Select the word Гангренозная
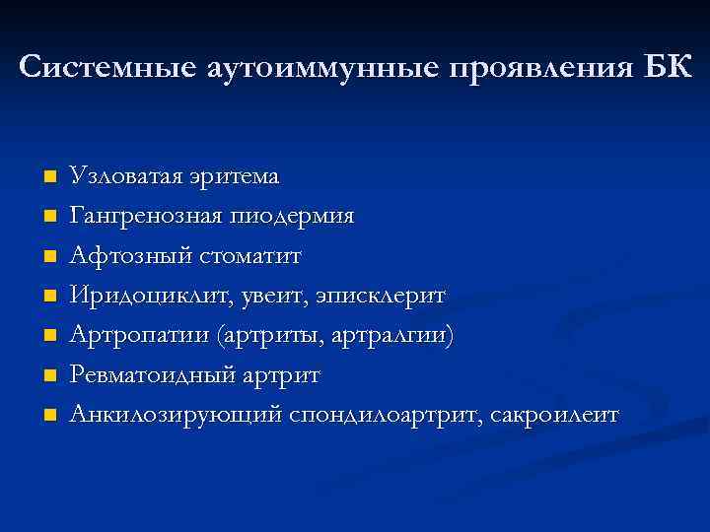tap(145, 216)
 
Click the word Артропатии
tap(133, 335)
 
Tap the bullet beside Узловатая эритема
tap(50, 177)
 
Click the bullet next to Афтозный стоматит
tap(50, 256)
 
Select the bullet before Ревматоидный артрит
tap(50, 375)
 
